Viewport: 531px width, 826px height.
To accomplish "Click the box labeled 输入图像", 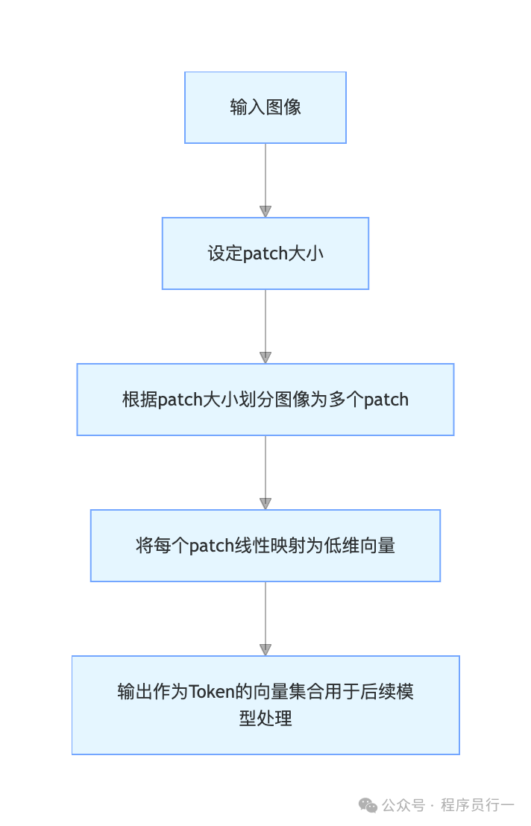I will tap(265, 107).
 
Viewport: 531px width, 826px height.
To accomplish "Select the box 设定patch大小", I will tap(265, 253).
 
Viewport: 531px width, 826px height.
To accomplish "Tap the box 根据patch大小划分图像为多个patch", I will tap(265, 400).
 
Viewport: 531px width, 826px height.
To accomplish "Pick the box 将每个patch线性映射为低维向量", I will tap(265, 546).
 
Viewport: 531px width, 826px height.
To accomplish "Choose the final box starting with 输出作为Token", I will tap(265, 705).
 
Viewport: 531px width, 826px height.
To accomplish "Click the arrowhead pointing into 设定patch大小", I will tap(265, 212).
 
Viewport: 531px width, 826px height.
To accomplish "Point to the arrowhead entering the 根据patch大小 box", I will tap(265, 358).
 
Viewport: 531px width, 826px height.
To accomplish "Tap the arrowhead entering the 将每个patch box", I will tap(265, 504).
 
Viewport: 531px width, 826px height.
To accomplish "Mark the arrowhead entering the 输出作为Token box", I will tap(265, 650).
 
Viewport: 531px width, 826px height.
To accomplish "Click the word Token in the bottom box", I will tap(211, 692).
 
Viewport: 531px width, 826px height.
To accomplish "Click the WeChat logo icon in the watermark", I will tap(368, 805).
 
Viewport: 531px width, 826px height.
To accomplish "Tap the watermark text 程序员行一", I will tap(477, 805).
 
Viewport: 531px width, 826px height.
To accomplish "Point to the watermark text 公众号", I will tap(403, 805).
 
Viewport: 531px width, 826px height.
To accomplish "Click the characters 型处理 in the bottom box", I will tap(265, 719).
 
